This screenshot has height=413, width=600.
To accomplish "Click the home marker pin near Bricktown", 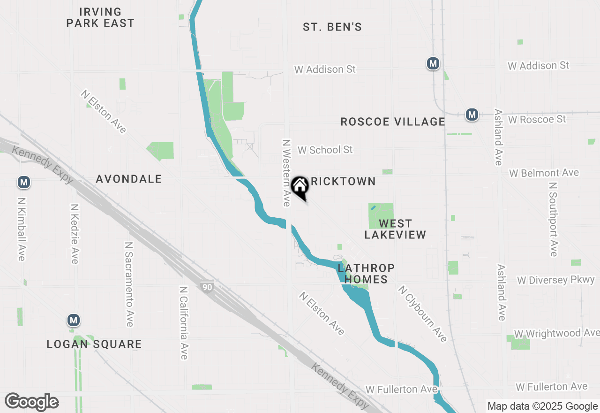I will point(300,187).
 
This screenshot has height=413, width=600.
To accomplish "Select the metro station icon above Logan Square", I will point(73,321).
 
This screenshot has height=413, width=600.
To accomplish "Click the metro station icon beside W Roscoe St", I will point(472,115).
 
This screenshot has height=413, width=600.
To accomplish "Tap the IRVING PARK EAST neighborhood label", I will point(100,17).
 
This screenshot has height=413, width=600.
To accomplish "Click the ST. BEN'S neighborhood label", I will point(332,27).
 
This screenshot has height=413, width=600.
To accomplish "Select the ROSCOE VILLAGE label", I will point(393,122).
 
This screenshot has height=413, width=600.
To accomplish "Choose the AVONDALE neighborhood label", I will point(129,179).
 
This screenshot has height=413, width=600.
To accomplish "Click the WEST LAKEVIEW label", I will point(395,229).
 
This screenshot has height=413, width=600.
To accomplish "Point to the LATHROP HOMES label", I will point(366,274).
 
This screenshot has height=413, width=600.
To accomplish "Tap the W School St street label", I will point(325,150).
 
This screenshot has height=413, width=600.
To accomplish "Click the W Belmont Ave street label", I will point(544,173).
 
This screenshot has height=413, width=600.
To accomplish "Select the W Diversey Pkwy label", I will point(556,280).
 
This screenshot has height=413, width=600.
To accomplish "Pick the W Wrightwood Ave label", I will point(556,333).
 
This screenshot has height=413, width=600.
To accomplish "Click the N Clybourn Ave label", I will point(422,314).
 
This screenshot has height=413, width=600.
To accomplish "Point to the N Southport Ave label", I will point(554,219).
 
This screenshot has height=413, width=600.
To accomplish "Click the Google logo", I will point(31,402).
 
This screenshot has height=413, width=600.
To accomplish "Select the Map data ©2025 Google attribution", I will point(542,406).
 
